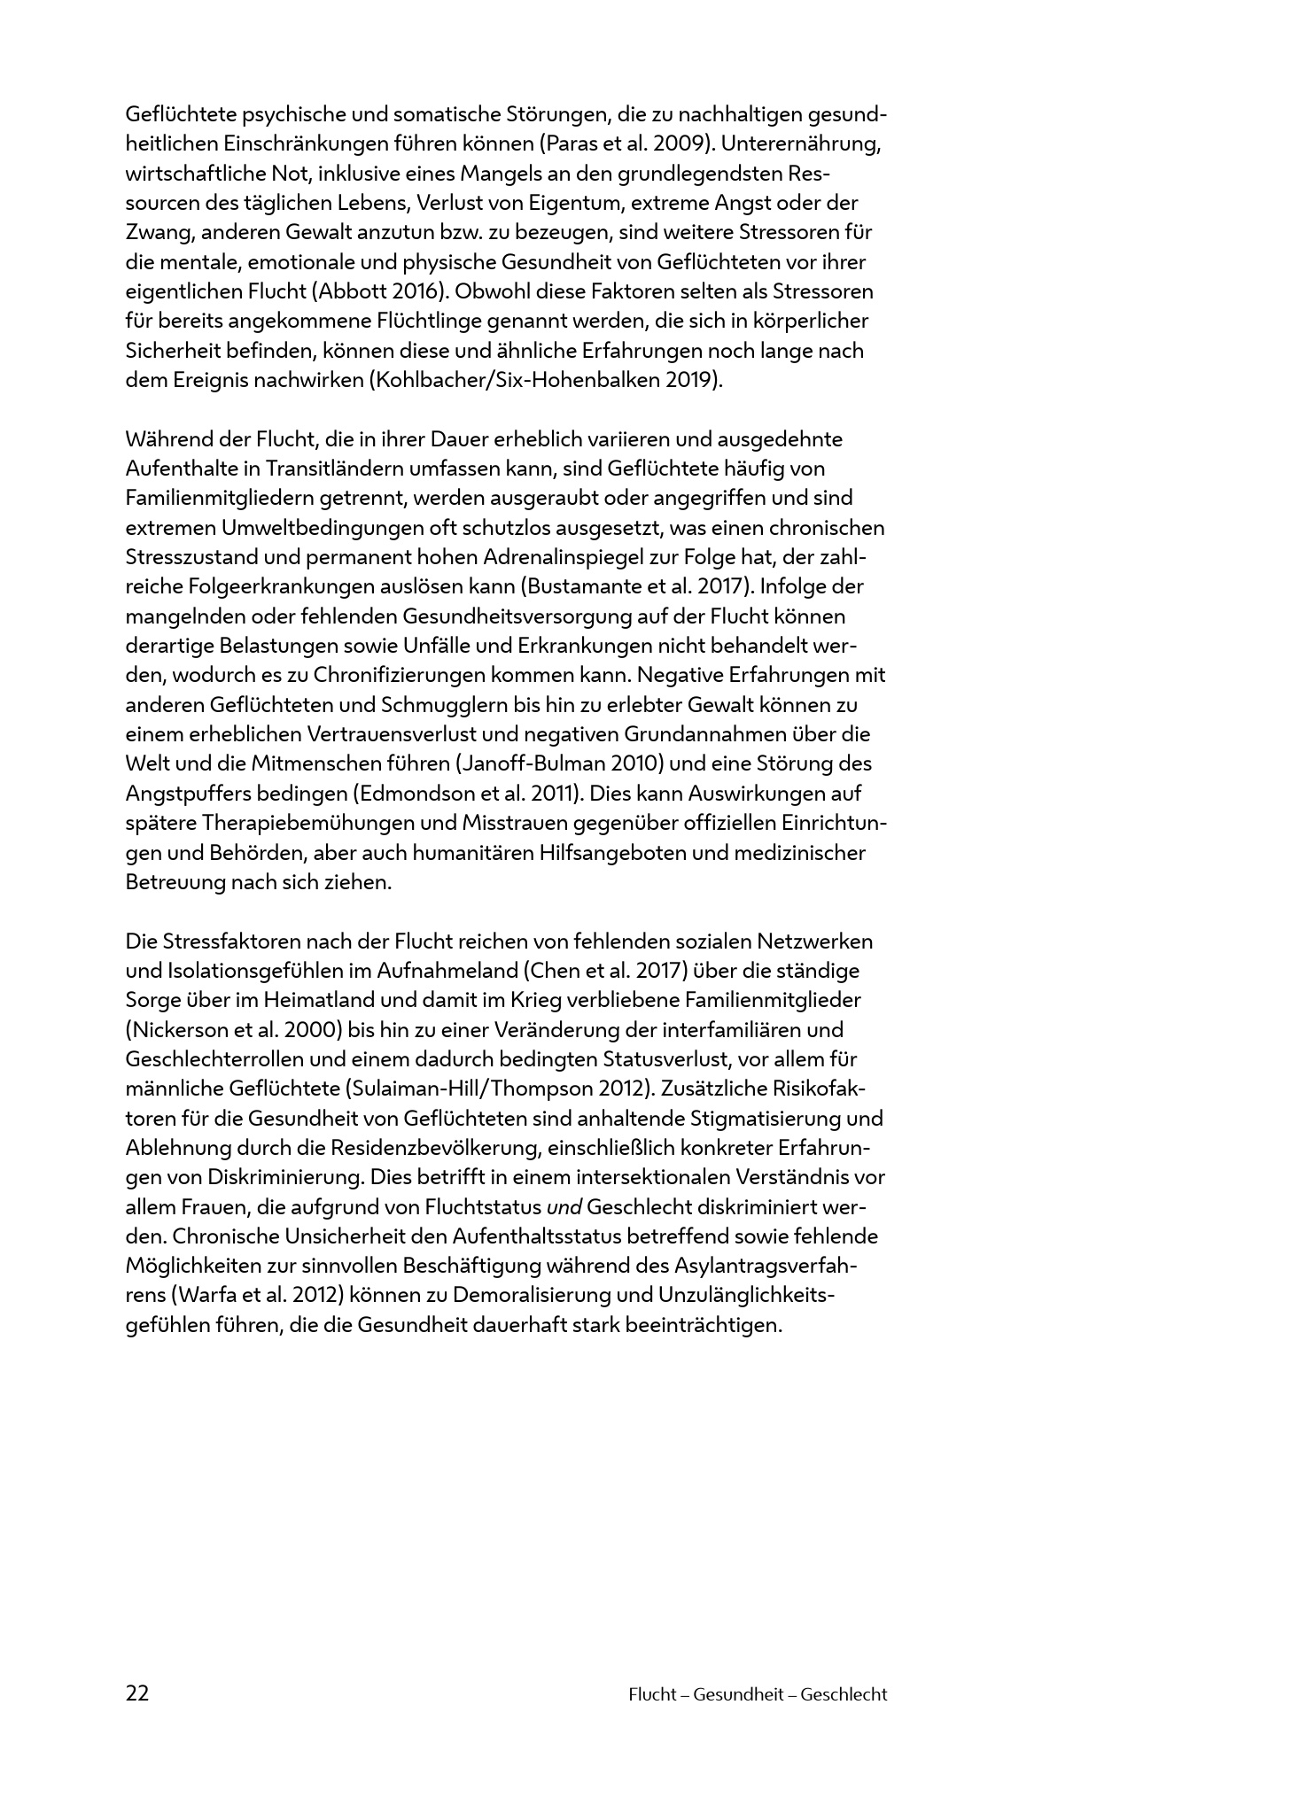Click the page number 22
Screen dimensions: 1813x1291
[137, 1693]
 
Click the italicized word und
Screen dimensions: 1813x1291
[564, 1206]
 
